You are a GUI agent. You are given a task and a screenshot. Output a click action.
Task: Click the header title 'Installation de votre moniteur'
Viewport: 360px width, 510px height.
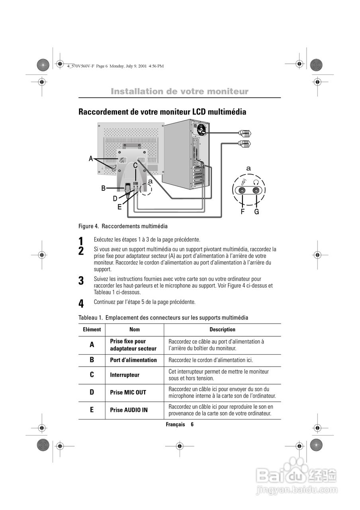click(179, 92)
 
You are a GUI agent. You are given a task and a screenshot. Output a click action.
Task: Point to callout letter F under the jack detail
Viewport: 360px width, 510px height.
click(243, 212)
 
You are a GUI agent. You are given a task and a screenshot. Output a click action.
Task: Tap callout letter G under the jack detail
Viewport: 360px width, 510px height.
click(256, 212)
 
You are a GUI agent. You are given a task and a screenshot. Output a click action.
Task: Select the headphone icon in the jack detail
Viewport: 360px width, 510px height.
click(256, 182)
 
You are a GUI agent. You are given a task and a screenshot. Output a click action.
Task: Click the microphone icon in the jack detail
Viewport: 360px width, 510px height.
click(243, 182)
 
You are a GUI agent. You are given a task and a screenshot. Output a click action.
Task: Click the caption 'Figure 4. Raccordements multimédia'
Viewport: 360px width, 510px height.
click(123, 226)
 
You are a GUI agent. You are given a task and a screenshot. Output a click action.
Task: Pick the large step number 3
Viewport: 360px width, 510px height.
click(81, 281)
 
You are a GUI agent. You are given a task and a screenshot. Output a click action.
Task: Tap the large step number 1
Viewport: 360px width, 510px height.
click(81, 241)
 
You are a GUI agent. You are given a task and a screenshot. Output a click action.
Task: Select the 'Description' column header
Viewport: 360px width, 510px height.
click(222, 330)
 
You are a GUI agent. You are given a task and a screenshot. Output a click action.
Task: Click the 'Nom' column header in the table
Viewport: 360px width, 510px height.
click(135, 330)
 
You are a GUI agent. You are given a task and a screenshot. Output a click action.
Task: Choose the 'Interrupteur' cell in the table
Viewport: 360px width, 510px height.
click(125, 375)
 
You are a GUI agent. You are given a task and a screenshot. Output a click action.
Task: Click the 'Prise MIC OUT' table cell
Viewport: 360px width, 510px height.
click(128, 392)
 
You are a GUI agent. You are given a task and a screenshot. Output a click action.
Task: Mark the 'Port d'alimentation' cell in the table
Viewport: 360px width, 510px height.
click(133, 360)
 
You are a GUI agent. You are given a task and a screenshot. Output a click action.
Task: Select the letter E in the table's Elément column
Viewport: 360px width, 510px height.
click(92, 410)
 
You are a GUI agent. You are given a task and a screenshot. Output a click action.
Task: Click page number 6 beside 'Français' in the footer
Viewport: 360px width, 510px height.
click(192, 425)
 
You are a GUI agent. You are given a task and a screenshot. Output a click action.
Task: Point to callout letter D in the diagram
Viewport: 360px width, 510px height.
click(115, 198)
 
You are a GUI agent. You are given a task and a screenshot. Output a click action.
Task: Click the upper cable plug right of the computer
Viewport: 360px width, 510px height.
click(245, 133)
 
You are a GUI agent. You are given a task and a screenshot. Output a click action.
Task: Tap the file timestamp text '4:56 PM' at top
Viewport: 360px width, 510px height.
click(156, 66)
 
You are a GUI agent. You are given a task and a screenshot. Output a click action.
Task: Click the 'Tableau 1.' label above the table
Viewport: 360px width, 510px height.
click(90, 318)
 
